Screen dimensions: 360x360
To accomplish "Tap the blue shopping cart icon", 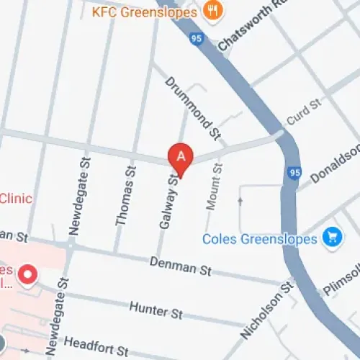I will click(332, 236).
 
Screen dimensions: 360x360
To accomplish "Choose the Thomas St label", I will click(126, 195).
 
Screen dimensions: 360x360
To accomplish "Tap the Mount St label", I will click(214, 186).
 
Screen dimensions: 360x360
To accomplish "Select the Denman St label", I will click(181, 268).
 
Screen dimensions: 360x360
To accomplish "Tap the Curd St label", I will click(302, 113).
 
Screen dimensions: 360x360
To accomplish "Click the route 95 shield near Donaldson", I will click(294, 173).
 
